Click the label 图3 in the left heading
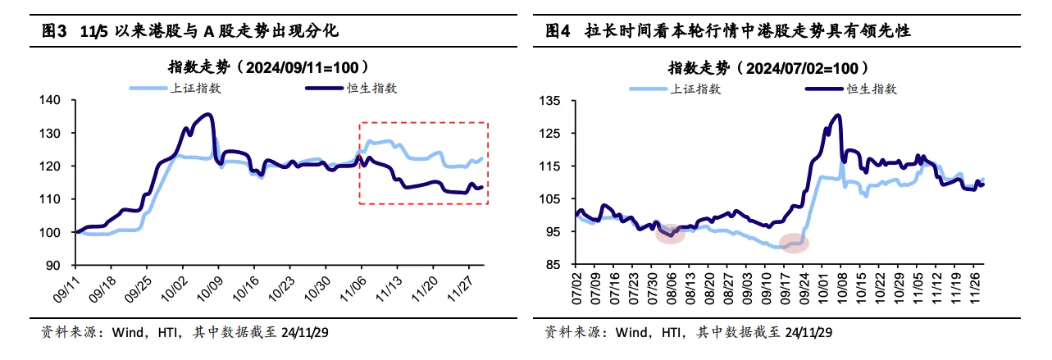click(54, 31)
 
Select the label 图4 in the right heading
click(558, 31)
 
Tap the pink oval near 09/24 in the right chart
click(793, 243)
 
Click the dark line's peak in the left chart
click(209, 115)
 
